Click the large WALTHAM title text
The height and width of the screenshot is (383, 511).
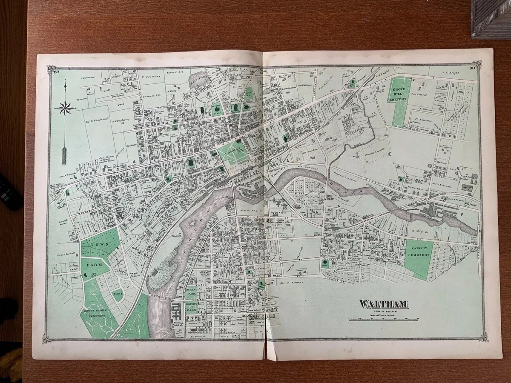click(384, 304)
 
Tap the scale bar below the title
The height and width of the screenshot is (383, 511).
click(383, 319)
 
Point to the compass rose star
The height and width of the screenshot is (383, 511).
click(65, 108)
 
